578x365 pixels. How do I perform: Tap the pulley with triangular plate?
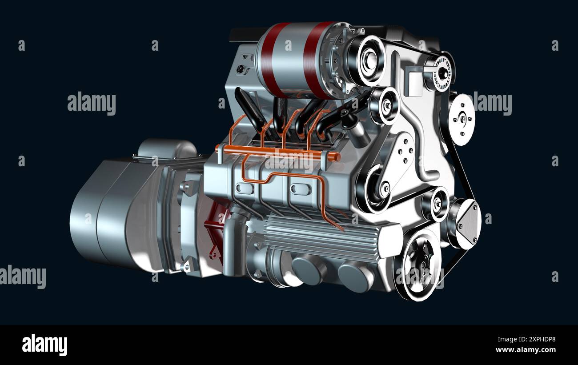[465, 223]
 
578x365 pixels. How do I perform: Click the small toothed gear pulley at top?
[441, 71]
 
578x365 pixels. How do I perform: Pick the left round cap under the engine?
[309, 270]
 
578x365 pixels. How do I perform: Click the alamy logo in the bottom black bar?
[44, 345]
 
